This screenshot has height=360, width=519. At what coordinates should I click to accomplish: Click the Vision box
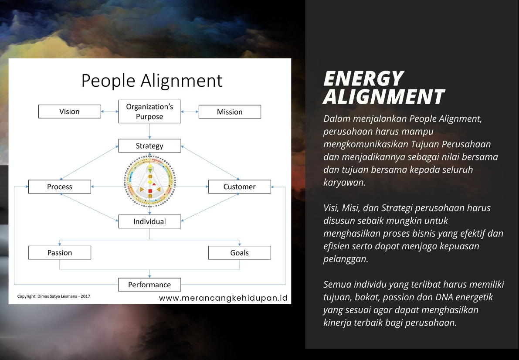click(x=70, y=112)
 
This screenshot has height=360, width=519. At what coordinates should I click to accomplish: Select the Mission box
click(x=230, y=112)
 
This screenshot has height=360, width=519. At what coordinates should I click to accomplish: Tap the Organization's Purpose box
click(x=149, y=112)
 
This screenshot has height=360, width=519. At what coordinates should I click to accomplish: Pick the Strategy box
click(x=149, y=146)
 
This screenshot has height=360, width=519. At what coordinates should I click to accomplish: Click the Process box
click(x=60, y=187)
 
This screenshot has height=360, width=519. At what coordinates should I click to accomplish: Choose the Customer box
click(x=240, y=187)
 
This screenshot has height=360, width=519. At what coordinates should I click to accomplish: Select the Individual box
click(x=149, y=221)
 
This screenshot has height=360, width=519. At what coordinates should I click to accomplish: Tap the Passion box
click(x=60, y=253)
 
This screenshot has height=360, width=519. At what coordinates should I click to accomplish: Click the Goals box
click(x=240, y=253)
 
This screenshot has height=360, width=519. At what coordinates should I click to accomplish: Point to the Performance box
click(x=149, y=285)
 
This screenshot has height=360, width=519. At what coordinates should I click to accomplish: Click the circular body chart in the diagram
click(x=150, y=181)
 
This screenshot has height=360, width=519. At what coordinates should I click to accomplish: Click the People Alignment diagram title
click(x=152, y=81)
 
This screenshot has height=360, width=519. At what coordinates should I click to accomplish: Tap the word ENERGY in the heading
click(x=363, y=79)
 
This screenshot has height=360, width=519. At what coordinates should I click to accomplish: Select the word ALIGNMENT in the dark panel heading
click(x=384, y=97)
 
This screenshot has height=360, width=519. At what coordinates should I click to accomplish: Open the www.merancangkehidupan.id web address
click(x=223, y=298)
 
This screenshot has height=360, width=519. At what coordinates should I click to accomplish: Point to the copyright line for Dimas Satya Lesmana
click(x=54, y=296)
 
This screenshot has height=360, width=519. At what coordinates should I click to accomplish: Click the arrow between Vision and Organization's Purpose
click(x=109, y=112)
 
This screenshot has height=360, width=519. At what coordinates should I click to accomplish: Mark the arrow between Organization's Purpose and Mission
click(x=190, y=112)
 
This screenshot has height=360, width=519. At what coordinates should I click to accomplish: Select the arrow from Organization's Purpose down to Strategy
click(x=149, y=131)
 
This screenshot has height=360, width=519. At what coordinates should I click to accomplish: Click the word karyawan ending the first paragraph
click(x=344, y=183)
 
